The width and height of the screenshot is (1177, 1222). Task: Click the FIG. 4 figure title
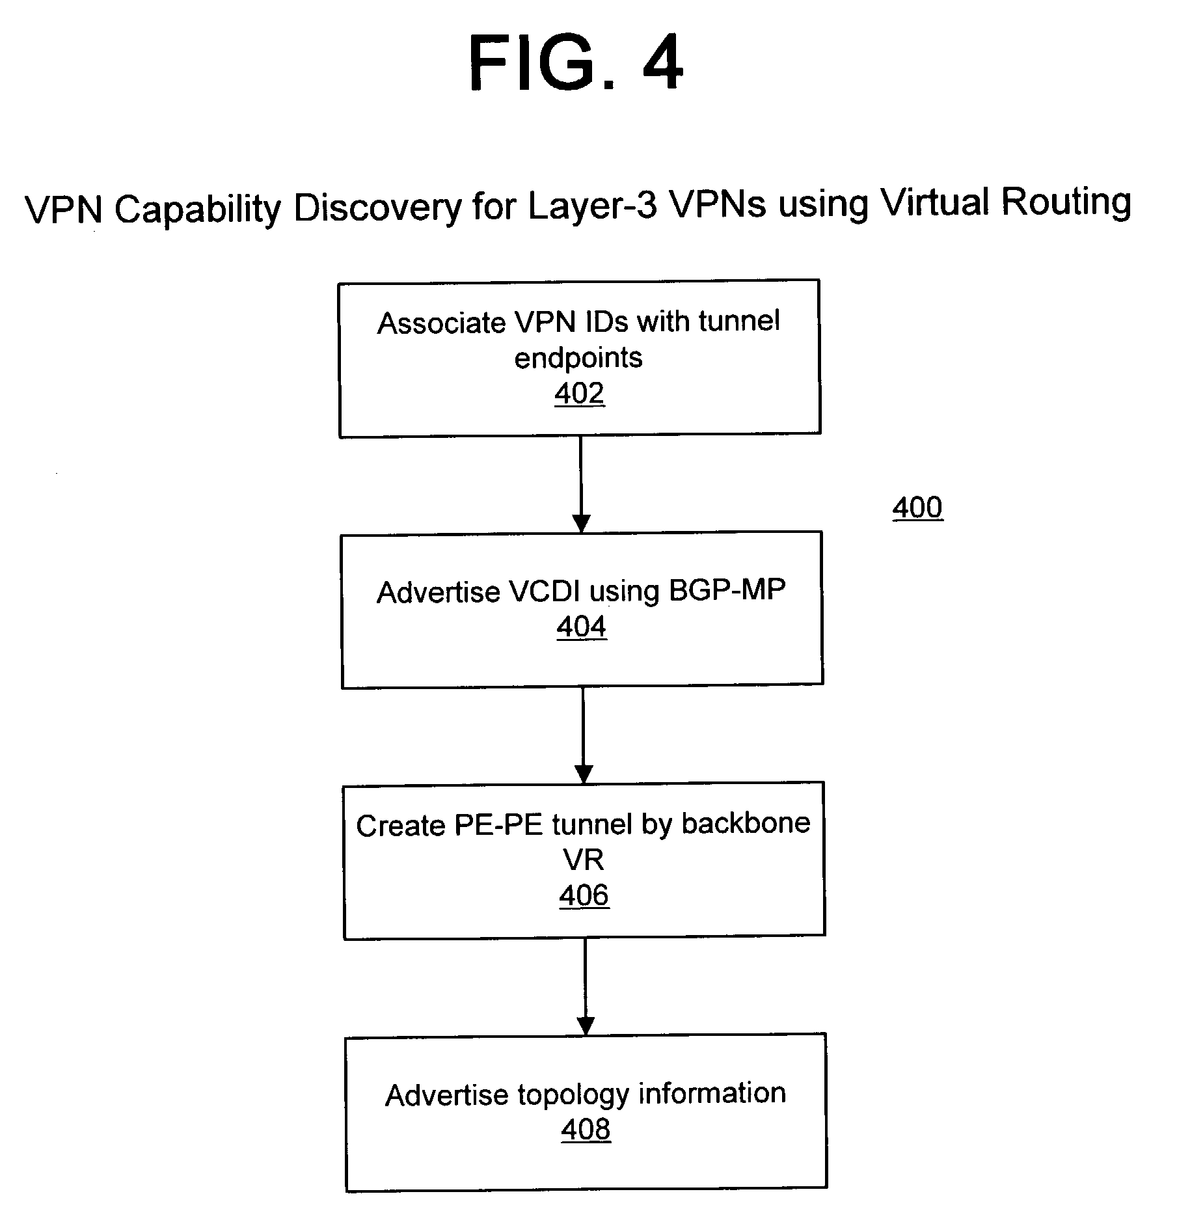(x=576, y=63)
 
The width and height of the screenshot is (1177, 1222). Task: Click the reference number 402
(x=580, y=393)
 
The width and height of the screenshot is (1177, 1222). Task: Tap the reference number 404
(x=582, y=627)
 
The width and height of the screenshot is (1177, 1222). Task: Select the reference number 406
(x=584, y=895)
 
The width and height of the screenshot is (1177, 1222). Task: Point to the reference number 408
(x=586, y=1129)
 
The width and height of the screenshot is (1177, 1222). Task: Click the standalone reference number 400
(x=917, y=508)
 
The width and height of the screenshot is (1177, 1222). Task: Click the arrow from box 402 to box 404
(x=581, y=485)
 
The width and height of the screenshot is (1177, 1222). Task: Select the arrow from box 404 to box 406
(x=584, y=735)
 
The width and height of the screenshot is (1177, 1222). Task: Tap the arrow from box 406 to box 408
(x=586, y=986)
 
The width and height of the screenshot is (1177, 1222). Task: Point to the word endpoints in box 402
(x=578, y=359)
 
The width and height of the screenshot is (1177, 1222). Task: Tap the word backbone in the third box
(x=746, y=823)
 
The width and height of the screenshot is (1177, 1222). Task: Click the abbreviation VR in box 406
(x=584, y=860)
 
